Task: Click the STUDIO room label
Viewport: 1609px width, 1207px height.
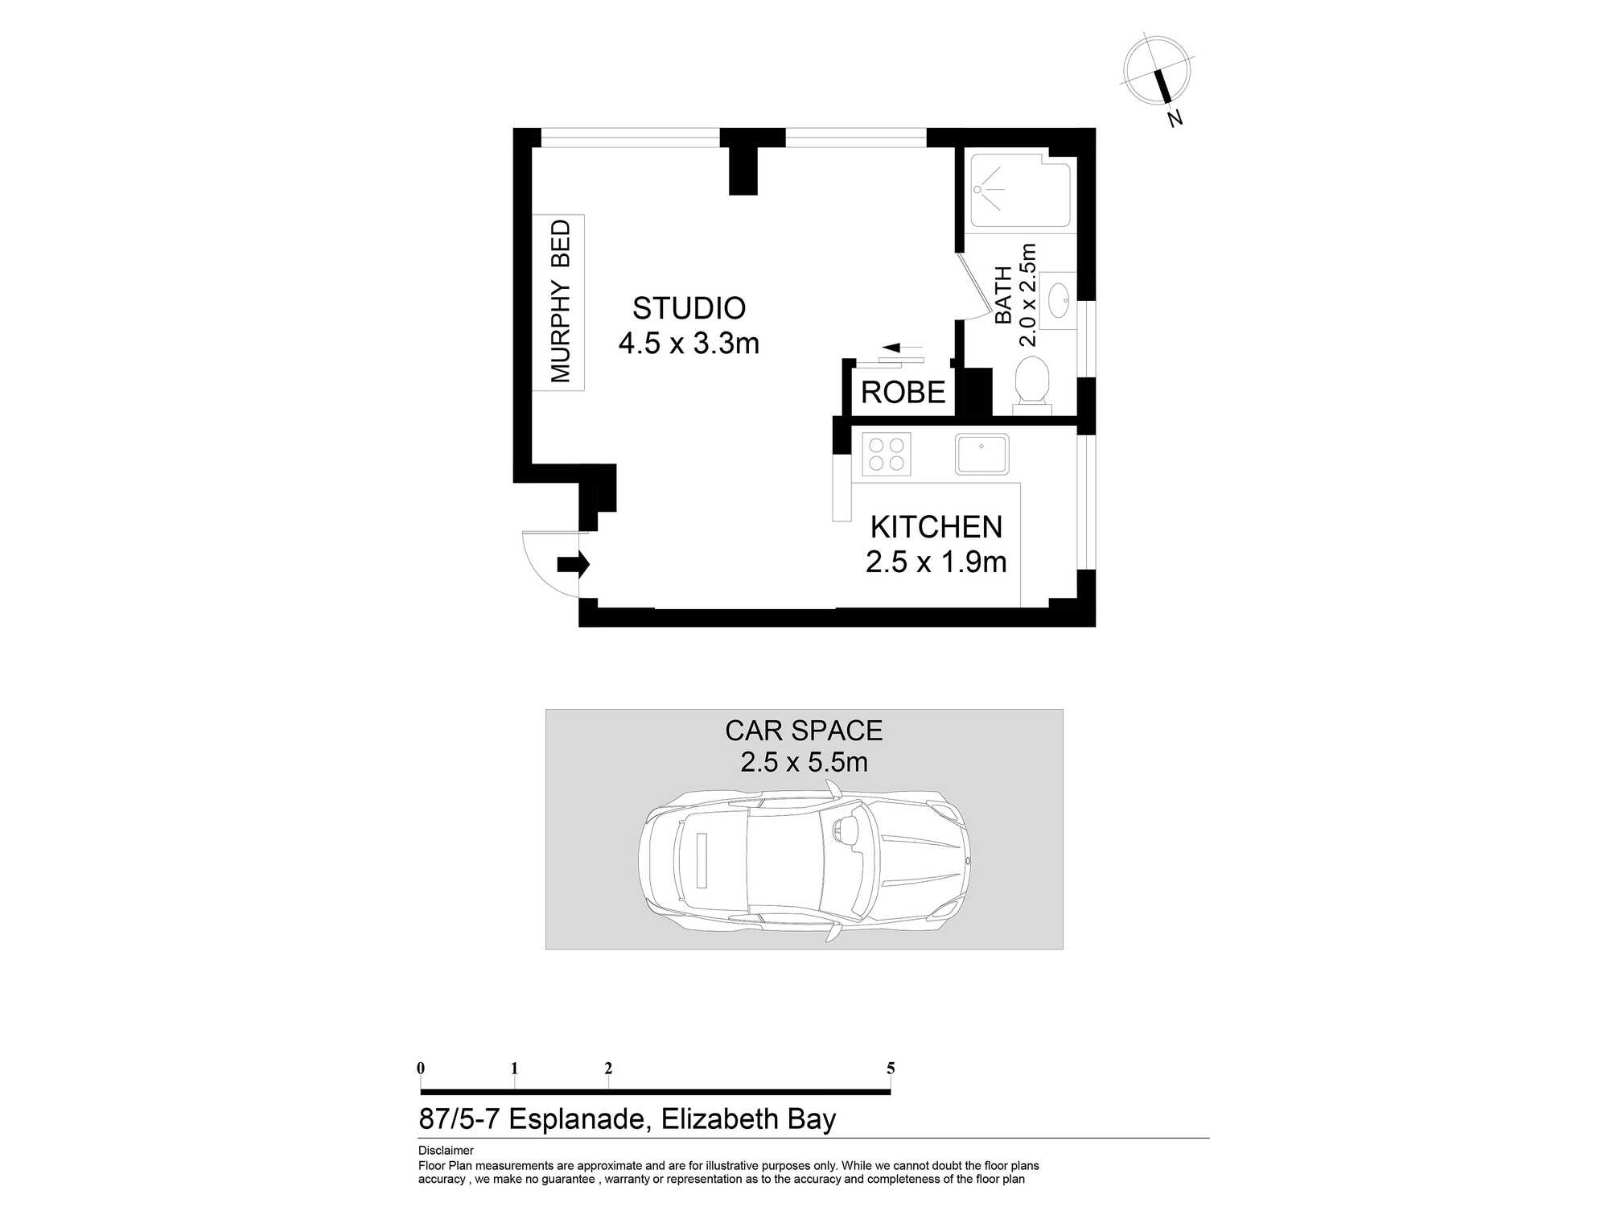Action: coord(689,308)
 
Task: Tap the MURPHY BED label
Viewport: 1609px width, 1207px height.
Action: coord(560,302)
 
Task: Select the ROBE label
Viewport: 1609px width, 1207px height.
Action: coord(903,393)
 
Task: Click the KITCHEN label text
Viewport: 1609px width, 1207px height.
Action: coord(936,527)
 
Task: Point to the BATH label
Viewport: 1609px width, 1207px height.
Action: coord(1003,295)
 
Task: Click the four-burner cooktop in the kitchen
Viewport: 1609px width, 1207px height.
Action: coord(886,455)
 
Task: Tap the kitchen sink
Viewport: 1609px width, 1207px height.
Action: coord(981,455)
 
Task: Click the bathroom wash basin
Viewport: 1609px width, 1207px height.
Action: coord(1058,300)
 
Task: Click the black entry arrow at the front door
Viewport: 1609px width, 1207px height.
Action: coord(574,564)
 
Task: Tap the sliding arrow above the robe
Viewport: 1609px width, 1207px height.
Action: coord(901,348)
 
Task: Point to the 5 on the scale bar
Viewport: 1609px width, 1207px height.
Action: coord(891,1069)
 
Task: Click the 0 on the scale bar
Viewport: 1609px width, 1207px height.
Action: coord(421,1069)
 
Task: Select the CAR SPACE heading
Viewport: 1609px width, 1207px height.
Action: coord(804,731)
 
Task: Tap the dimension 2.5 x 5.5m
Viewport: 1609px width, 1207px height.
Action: coord(804,762)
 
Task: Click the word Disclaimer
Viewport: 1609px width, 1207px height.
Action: coord(446,1151)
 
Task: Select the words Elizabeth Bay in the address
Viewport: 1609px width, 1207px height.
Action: coord(748,1119)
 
